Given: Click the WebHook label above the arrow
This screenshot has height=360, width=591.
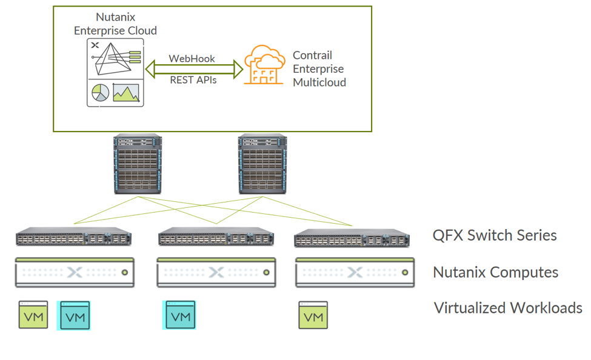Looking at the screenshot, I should [192, 59].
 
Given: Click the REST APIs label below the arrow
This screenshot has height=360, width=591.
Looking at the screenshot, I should [192, 79].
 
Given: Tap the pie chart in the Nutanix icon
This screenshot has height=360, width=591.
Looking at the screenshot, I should [100, 92].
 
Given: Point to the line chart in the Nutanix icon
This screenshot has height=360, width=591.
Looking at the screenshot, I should [126, 92].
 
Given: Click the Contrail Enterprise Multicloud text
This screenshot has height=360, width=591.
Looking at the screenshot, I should [319, 68].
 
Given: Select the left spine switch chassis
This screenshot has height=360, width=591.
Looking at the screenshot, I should [138, 164].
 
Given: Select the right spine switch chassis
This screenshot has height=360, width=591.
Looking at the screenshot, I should [262, 164].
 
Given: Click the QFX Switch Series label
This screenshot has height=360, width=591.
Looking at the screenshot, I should [494, 235].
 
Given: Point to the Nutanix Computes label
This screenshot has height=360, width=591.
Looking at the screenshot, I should [495, 272].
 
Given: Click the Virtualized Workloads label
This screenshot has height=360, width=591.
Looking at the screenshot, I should [508, 308].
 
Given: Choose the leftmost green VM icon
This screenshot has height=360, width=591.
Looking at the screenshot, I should [33, 315].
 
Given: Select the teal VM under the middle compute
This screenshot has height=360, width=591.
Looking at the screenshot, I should [180, 315].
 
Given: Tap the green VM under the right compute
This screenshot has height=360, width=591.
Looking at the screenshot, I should [313, 315].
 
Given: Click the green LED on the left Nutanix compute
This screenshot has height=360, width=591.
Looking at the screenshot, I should [124, 273].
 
